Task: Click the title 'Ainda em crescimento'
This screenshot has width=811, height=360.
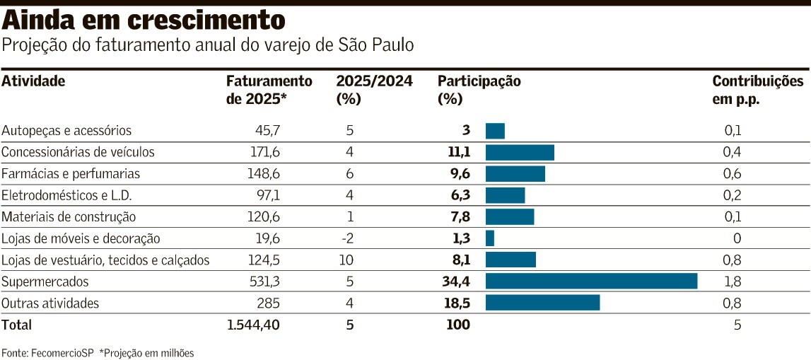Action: click(x=145, y=20)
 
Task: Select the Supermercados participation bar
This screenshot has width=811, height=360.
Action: click(x=591, y=281)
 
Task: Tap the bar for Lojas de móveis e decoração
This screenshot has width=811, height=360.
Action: click(x=490, y=238)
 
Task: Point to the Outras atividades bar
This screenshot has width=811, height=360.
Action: click(x=542, y=303)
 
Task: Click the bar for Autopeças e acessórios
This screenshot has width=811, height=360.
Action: click(x=495, y=131)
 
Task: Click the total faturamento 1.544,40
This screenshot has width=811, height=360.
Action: click(x=254, y=325)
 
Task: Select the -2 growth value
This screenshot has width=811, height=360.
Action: click(x=346, y=238)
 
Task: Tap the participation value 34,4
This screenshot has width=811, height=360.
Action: click(x=455, y=281)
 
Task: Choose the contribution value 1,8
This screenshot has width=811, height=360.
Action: click(x=733, y=281)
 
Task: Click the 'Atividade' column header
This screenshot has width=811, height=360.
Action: click(x=33, y=81)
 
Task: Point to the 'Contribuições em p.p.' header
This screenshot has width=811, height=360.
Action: click(x=757, y=90)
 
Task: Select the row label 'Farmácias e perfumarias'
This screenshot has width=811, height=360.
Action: click(x=71, y=173)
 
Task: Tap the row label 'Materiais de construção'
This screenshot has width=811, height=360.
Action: click(x=69, y=217)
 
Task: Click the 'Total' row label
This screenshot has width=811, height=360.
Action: click(x=17, y=325)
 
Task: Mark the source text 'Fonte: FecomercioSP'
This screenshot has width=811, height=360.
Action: click(x=47, y=352)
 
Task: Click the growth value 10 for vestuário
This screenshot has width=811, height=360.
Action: click(x=346, y=260)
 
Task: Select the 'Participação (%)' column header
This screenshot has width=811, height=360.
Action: click(x=479, y=90)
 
